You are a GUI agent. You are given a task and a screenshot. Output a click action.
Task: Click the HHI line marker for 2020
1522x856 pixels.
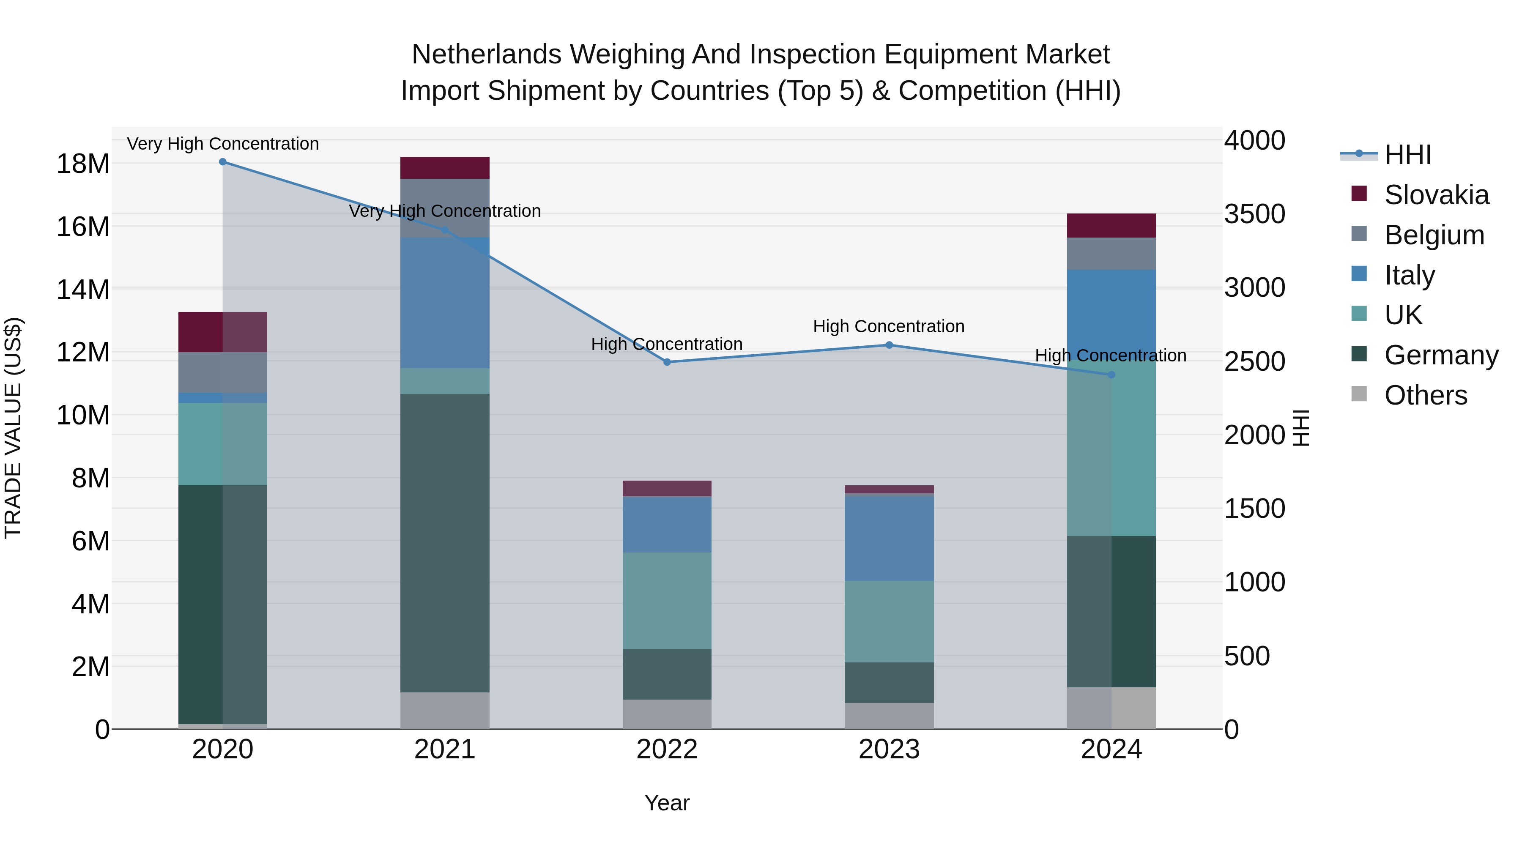pos(223,162)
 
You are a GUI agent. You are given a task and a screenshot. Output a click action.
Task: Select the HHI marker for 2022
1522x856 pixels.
pos(667,362)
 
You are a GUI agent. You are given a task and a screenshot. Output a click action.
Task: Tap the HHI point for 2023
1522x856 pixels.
pos(889,345)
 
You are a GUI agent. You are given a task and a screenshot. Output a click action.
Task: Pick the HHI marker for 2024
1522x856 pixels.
pos(1111,375)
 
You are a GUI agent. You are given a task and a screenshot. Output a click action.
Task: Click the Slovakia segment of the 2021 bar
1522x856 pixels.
pos(445,168)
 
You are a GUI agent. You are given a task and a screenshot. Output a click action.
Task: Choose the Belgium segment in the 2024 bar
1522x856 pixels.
pos(1111,254)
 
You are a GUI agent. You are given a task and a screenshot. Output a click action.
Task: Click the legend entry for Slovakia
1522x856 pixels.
pos(1436,195)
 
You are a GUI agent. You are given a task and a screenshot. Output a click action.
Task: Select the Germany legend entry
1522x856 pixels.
pos(1440,355)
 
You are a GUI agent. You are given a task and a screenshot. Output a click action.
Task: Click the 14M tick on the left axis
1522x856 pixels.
pos(83,290)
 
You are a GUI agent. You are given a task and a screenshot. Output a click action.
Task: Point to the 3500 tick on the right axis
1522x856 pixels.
pos(1254,214)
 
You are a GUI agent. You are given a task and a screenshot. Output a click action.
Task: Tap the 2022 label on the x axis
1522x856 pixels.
pos(667,749)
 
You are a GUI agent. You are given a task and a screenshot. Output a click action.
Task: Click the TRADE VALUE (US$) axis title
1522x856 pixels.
pos(13,428)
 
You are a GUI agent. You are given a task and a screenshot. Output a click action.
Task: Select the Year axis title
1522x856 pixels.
pos(667,803)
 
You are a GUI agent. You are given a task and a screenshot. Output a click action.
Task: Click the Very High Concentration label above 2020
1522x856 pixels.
pos(223,144)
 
